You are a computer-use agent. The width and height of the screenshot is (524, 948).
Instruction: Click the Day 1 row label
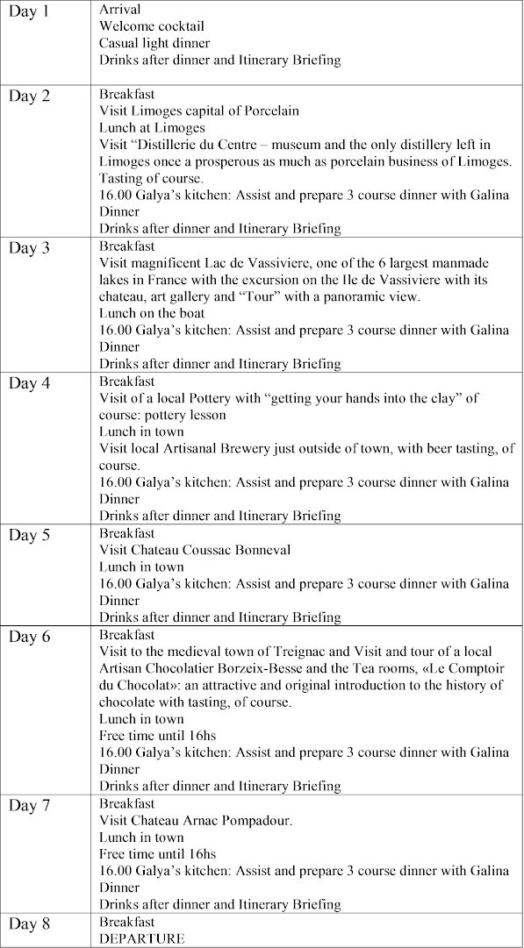[x=30, y=16]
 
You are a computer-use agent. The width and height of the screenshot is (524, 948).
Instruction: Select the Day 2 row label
[x=30, y=96]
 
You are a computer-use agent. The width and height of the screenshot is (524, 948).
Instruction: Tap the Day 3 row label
[x=30, y=247]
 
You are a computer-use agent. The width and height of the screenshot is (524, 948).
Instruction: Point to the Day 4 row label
[x=30, y=383]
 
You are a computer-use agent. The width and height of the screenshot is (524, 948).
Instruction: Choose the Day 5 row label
[x=30, y=535]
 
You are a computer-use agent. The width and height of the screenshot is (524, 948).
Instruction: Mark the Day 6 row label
[x=30, y=637]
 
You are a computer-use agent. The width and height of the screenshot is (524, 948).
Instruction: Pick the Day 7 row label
[x=30, y=805]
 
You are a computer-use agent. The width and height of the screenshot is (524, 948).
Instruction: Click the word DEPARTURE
[x=142, y=938]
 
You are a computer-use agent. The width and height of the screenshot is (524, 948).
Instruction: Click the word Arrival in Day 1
[x=119, y=10]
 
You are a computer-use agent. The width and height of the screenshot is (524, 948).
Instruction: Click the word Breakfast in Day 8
[x=126, y=922]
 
